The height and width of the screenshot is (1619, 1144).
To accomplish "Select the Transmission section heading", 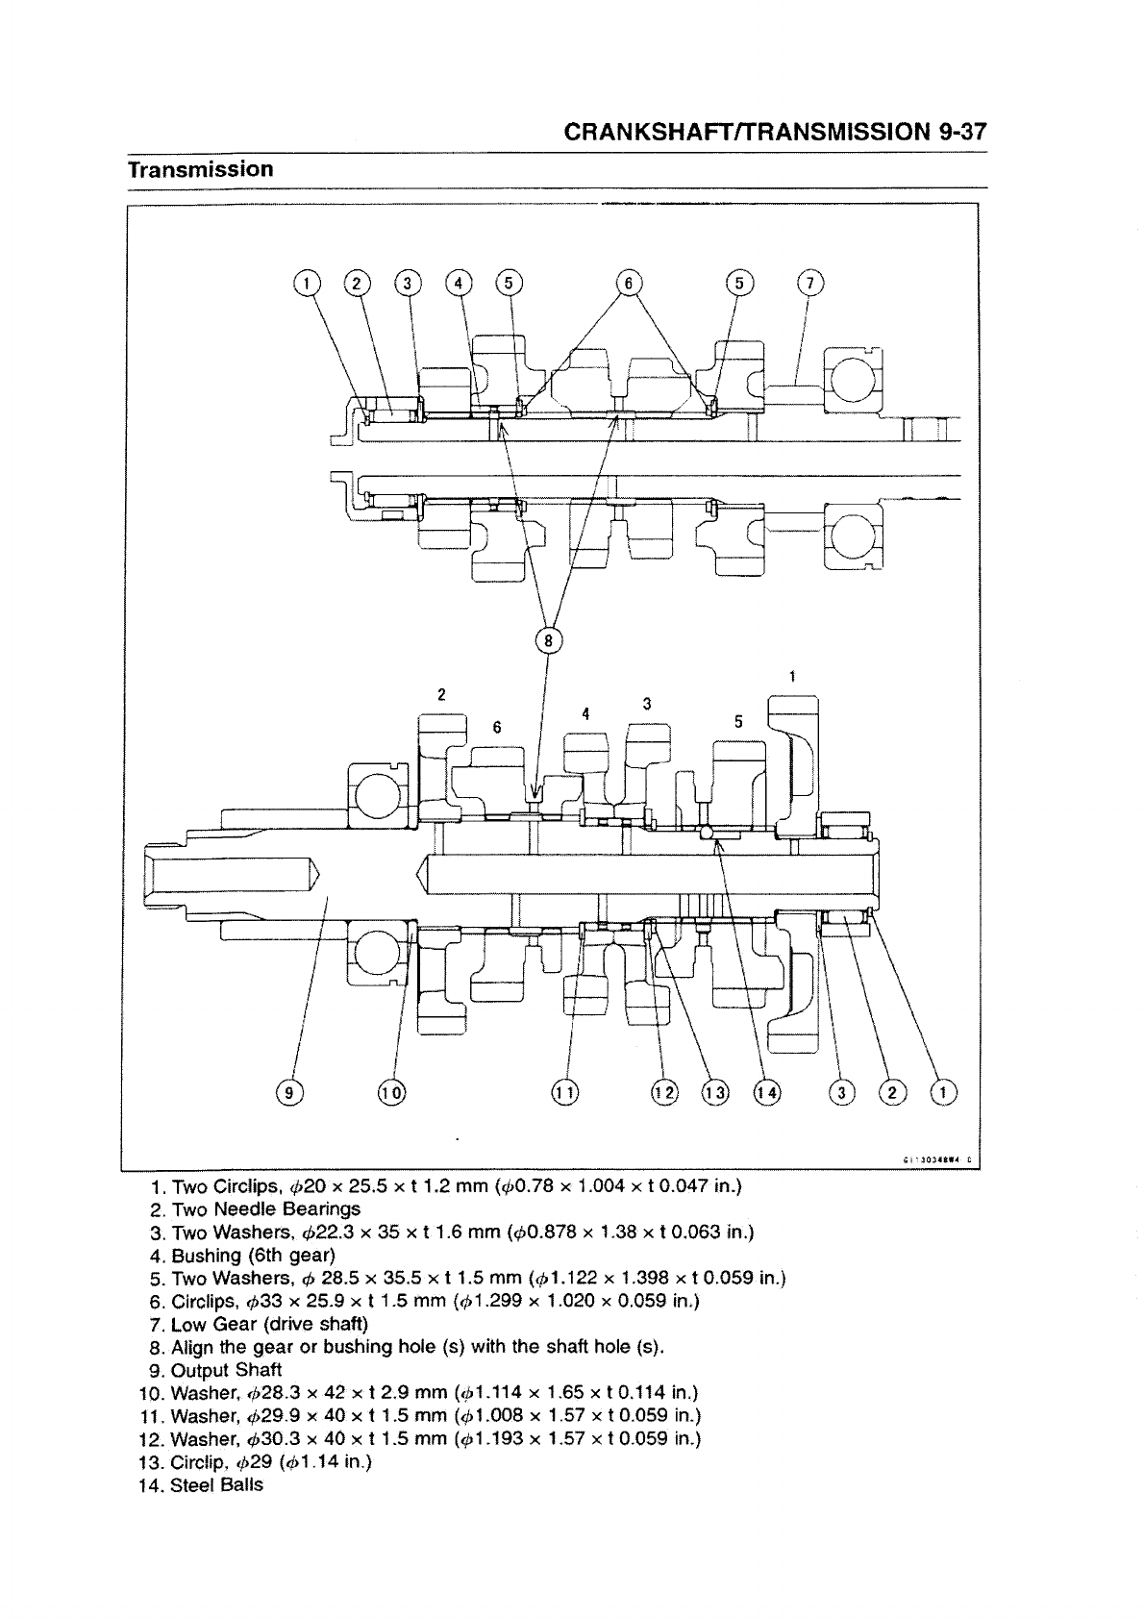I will click(201, 169).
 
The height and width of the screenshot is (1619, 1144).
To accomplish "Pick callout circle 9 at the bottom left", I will click(287, 1092).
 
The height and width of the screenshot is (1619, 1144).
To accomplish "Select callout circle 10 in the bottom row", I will click(391, 1092).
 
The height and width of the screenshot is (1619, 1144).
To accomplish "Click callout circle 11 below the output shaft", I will click(565, 1092).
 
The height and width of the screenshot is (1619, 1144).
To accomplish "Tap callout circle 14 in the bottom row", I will click(768, 1092).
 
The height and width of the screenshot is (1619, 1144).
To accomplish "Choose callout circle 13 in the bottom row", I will click(715, 1092).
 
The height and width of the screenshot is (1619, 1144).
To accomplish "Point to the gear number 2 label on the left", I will click(441, 694).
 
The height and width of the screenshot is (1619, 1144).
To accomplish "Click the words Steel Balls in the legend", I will click(216, 1485).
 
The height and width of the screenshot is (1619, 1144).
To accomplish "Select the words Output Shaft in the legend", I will click(226, 1370).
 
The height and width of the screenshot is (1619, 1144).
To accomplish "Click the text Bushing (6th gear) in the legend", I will click(253, 1255).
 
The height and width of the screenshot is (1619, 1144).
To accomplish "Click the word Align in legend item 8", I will click(192, 1347).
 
